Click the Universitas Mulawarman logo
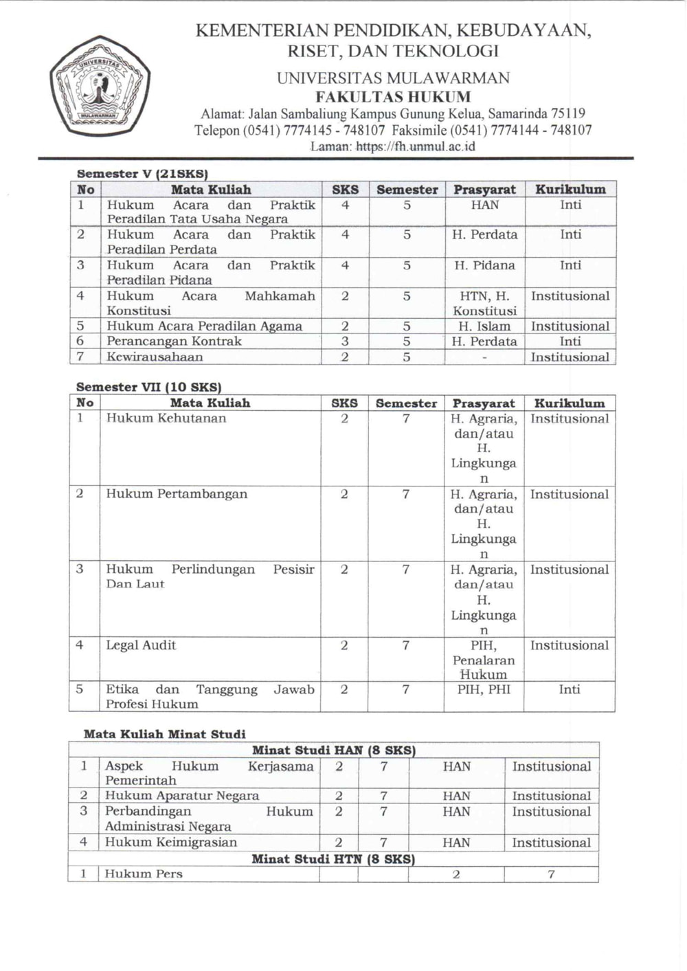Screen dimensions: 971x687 (100, 87)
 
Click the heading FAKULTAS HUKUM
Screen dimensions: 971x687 (393, 96)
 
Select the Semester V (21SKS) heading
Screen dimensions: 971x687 (142, 174)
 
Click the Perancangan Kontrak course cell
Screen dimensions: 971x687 (174, 342)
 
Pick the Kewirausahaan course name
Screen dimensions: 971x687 (155, 357)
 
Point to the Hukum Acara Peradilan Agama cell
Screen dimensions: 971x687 (204, 326)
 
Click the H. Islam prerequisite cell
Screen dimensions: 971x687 (484, 326)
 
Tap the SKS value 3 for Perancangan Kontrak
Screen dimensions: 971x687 (345, 342)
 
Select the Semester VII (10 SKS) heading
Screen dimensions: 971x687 (148, 387)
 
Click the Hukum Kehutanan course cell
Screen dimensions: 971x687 (166, 418)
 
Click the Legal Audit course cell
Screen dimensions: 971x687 (141, 645)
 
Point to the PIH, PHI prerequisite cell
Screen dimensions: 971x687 (484, 689)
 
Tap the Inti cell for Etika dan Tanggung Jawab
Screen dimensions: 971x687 (569, 689)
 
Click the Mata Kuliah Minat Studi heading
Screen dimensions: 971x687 (164, 734)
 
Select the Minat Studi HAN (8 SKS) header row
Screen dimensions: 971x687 (334, 750)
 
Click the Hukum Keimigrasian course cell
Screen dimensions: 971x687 (170, 842)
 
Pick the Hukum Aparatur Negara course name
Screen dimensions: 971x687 (182, 796)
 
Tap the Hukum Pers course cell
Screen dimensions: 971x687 (144, 874)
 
